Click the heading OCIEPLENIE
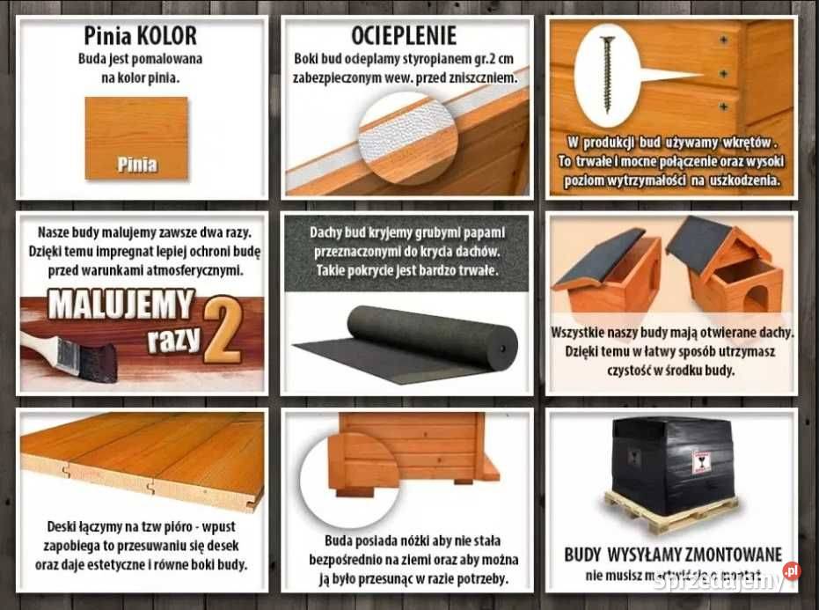pos(404,36)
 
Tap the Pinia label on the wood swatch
pos(136,163)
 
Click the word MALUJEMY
pos(121,305)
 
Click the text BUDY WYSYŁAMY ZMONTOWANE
pos(672,555)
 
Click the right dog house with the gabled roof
pos(726,264)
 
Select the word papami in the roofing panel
pos(479,233)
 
